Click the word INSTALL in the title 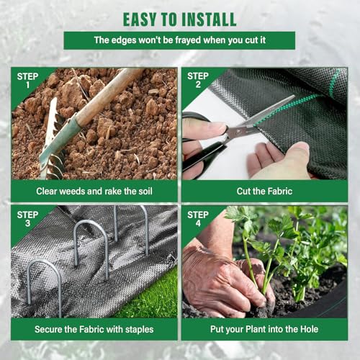pyautogui.click(x=209, y=19)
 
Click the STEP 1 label pyautogui.click(x=27, y=80)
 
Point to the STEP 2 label pyautogui.click(x=198, y=80)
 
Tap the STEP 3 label pyautogui.click(x=27, y=219)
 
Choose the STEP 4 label pyautogui.click(x=198, y=219)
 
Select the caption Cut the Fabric pyautogui.click(x=264, y=192)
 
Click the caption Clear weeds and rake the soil pyautogui.click(x=94, y=192)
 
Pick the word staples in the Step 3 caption pyautogui.click(x=140, y=330)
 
